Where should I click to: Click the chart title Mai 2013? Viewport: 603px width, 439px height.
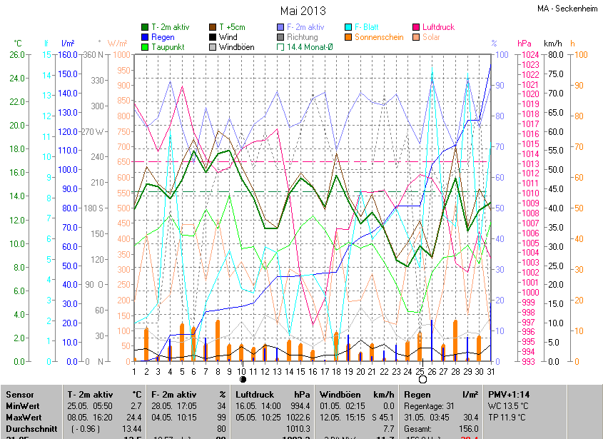point(303,11)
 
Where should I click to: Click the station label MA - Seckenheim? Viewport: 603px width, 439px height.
point(567,9)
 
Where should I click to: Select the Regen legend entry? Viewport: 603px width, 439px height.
point(162,37)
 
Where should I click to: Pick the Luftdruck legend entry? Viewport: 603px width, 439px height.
point(437,27)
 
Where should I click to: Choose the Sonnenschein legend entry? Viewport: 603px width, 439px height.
point(378,37)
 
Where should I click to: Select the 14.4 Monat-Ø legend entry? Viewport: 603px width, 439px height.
point(309,47)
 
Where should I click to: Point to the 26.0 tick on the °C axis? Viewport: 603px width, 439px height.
point(17,55)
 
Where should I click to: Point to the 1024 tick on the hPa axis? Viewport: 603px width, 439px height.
point(529,55)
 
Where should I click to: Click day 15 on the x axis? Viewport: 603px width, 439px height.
point(301,371)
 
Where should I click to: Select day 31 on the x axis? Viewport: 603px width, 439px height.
point(490,371)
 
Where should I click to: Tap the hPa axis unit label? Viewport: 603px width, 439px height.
point(525,44)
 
